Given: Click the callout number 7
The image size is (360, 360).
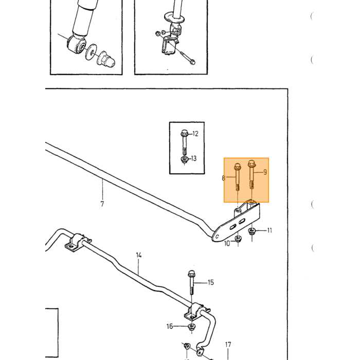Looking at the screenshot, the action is [102, 204].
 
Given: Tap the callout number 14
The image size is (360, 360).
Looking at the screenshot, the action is [139, 255].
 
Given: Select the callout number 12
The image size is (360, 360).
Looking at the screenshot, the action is [195, 134].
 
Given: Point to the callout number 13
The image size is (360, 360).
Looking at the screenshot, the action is [194, 158].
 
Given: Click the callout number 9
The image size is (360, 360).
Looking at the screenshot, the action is [265, 172].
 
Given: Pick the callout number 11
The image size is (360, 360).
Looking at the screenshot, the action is [269, 230].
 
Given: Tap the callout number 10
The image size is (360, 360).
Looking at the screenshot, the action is [227, 243].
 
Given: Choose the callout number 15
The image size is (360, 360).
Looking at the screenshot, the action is [211, 282].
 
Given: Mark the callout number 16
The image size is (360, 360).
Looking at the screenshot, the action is [170, 326].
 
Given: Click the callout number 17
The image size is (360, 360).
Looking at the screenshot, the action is [228, 345].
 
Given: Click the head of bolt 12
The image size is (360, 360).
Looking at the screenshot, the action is [184, 133].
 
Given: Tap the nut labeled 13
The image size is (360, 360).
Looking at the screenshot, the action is [184, 159].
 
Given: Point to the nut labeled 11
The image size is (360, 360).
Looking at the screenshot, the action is [252, 231].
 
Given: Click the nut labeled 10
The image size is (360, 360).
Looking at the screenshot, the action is [238, 239].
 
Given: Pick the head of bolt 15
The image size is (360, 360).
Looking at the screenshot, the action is [191, 274].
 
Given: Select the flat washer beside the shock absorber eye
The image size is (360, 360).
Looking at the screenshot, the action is [91, 52].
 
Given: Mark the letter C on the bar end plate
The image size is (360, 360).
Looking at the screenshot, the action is [217, 237].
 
